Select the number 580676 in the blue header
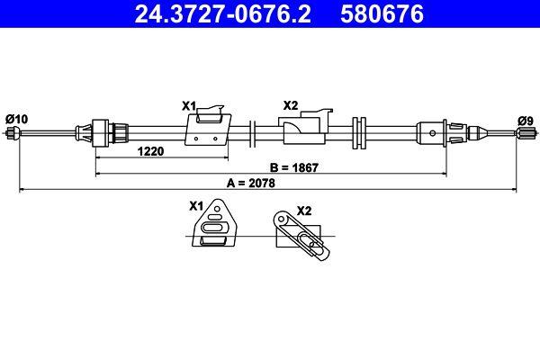[x=378, y=13]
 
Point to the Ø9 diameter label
[x=525, y=119]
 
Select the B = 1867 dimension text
[x=295, y=167]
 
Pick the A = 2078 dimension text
[x=251, y=183]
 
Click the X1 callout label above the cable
[x=189, y=106]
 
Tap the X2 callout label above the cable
[x=290, y=106]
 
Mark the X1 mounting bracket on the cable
[x=206, y=129]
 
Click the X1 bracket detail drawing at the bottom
[x=216, y=227]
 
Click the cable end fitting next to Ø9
[x=525, y=134]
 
